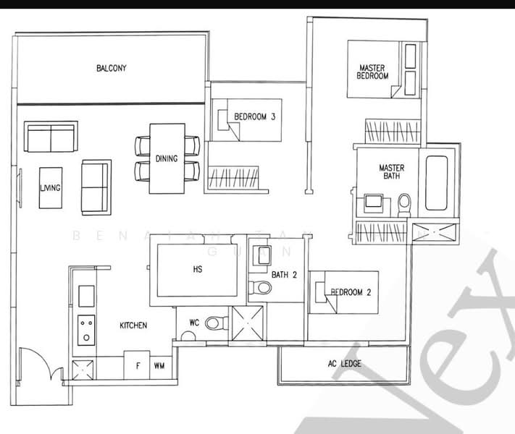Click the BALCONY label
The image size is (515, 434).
[112, 69]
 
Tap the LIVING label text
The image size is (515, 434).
[50, 188]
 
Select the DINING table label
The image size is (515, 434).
[167, 159]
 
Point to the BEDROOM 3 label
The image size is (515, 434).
[254, 116]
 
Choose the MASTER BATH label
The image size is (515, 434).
[392, 172]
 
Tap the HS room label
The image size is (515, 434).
[197, 271]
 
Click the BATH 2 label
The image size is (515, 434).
[285, 275]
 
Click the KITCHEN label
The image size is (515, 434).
[133, 325]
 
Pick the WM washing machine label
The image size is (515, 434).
[159, 366]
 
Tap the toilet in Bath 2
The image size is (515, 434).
[261, 288]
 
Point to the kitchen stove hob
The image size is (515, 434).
[86, 331]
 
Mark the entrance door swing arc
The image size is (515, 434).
[36, 365]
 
